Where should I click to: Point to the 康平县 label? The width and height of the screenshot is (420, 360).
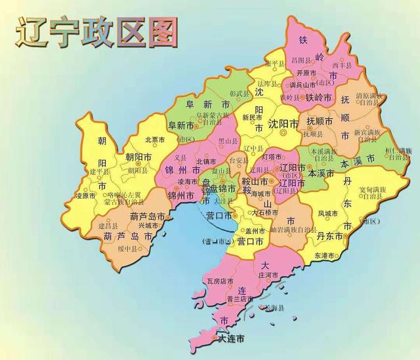275,64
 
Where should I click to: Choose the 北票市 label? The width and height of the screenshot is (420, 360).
154,139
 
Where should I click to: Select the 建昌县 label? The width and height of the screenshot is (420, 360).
108,225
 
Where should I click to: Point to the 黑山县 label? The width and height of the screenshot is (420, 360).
227,140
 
